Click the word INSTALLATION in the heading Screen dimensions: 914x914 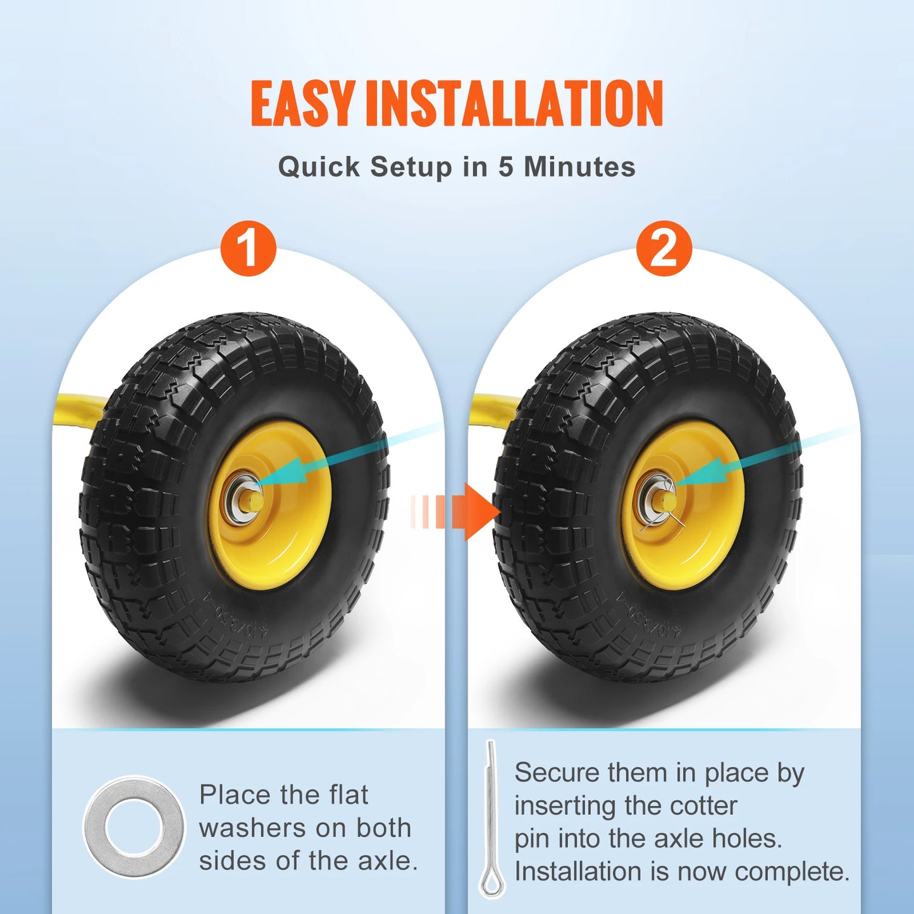point(514,103)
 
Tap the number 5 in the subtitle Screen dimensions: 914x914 point(505,167)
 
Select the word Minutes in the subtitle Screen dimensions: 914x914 point(579,167)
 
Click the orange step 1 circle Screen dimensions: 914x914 point(248,248)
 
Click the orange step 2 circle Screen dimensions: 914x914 point(664,248)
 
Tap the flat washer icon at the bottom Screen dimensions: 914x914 point(134,827)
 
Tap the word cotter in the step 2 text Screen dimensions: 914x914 point(703,806)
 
